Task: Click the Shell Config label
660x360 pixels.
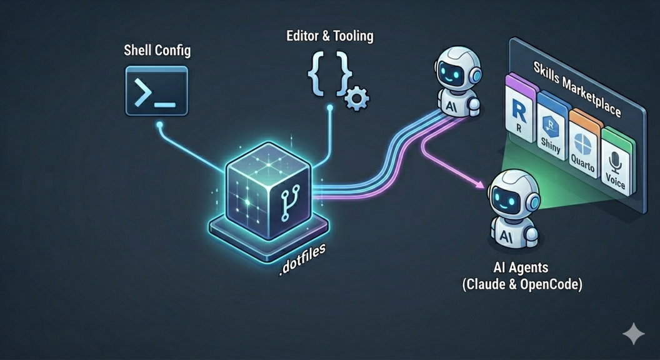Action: (x=157, y=51)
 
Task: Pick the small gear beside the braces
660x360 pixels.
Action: (x=357, y=97)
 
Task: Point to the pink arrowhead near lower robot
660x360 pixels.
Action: (x=480, y=184)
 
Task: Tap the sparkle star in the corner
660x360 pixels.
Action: (x=633, y=334)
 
